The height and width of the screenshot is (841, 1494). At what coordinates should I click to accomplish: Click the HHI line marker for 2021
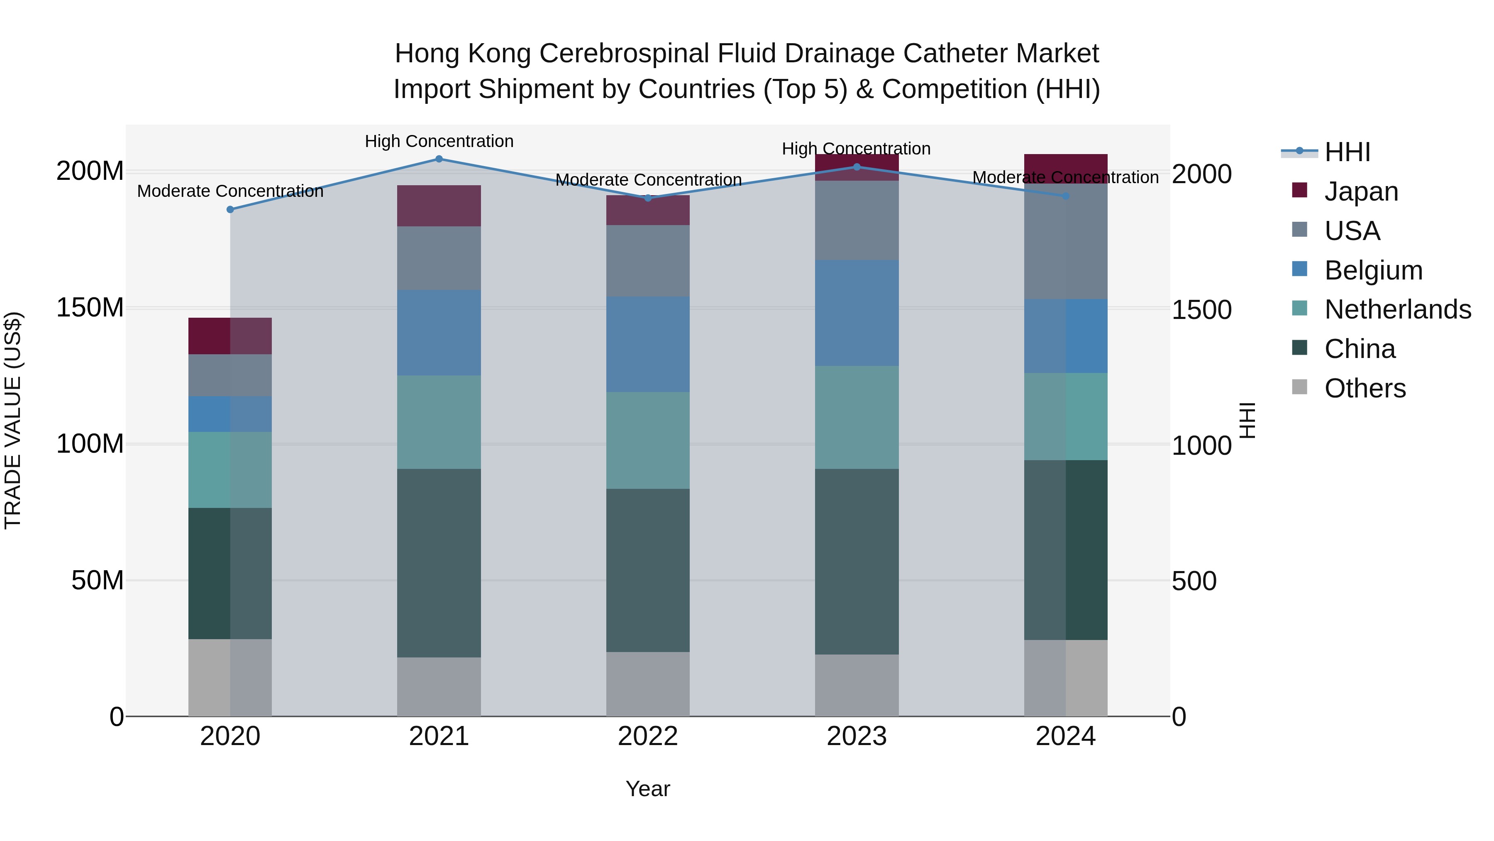[x=439, y=159]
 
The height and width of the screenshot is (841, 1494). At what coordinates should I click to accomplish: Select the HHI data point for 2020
[x=230, y=210]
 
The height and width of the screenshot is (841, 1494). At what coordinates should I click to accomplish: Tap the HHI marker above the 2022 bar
[x=648, y=198]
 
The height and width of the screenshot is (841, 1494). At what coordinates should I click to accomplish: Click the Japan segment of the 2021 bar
[x=439, y=206]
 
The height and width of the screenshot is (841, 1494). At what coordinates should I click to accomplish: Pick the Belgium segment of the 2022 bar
[x=648, y=344]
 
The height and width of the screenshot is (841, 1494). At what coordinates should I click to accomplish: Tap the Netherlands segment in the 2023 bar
[x=857, y=417]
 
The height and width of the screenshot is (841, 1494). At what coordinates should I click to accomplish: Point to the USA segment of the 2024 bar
[x=1065, y=241]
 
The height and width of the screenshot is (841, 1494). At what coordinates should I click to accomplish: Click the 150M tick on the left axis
[x=90, y=308]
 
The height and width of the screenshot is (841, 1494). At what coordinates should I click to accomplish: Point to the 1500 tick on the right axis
[x=1201, y=310]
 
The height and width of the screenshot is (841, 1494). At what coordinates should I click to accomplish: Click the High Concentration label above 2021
[x=439, y=141]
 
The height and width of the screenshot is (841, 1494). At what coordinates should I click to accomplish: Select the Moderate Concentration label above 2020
[x=230, y=191]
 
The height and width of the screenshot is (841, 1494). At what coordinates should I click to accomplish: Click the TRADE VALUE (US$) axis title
[x=13, y=420]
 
